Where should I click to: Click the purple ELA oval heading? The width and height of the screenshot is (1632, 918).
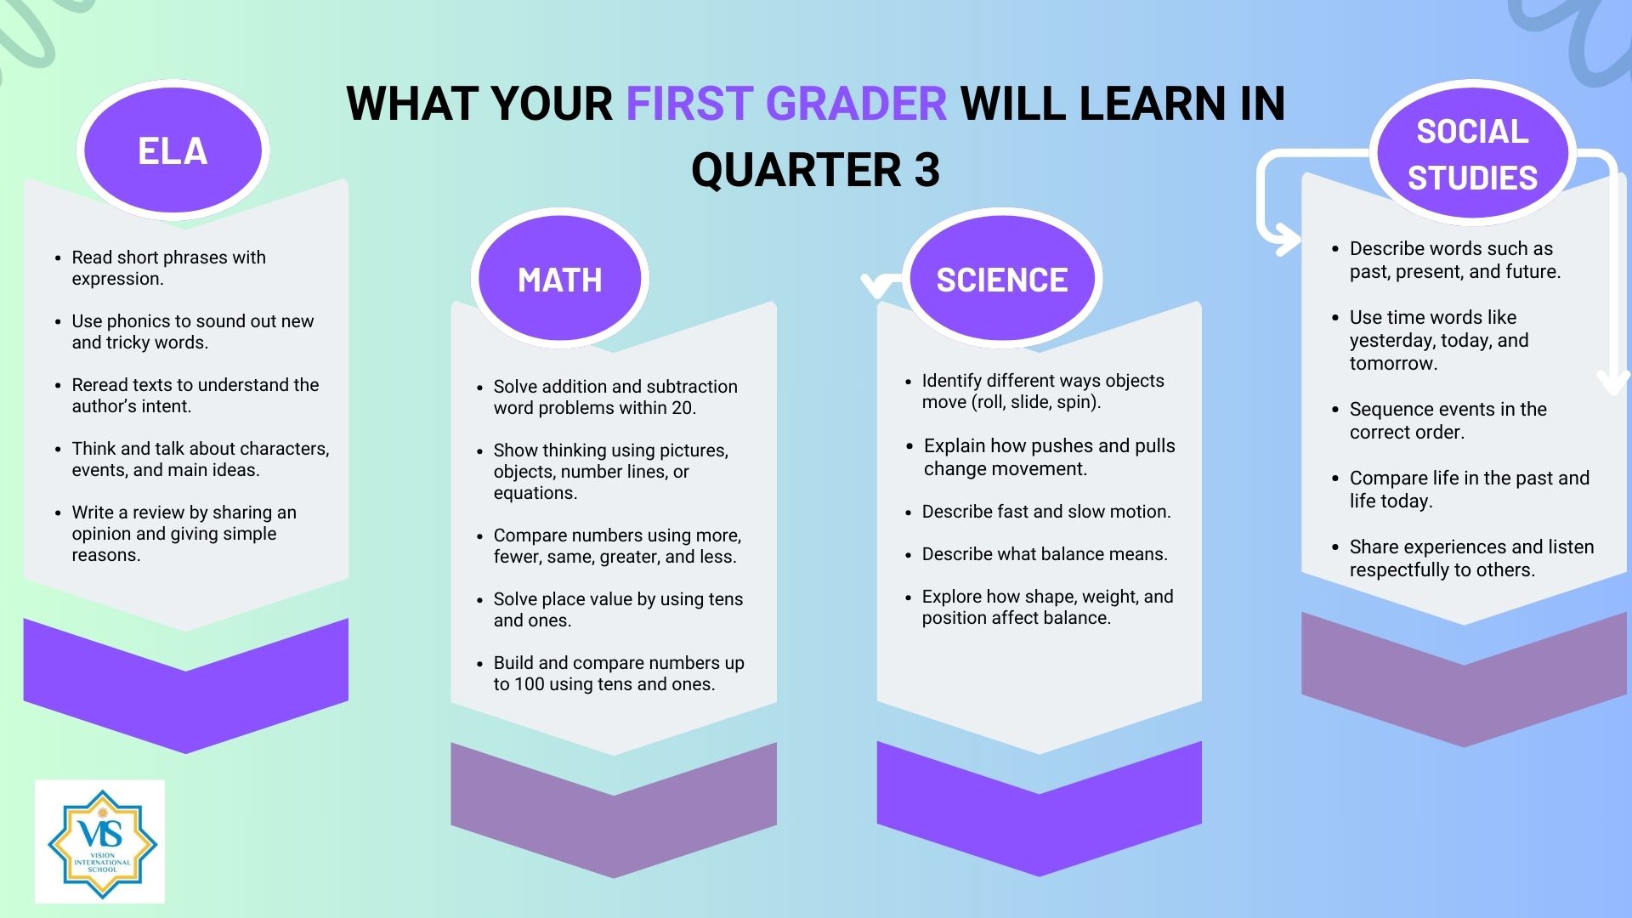(173, 150)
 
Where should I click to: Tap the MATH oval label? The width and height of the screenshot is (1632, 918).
(560, 278)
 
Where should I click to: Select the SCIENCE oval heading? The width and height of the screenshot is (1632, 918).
(1002, 278)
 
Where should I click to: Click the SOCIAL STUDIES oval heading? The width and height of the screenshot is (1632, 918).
(1473, 153)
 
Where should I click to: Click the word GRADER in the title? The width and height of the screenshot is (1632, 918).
(856, 104)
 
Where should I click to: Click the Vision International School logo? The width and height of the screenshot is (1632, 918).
(100, 841)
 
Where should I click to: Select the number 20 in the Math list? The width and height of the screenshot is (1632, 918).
(683, 408)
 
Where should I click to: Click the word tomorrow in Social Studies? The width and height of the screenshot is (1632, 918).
(1391, 364)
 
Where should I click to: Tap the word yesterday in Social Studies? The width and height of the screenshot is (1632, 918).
(1389, 341)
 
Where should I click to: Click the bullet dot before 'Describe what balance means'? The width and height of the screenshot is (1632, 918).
(909, 555)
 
